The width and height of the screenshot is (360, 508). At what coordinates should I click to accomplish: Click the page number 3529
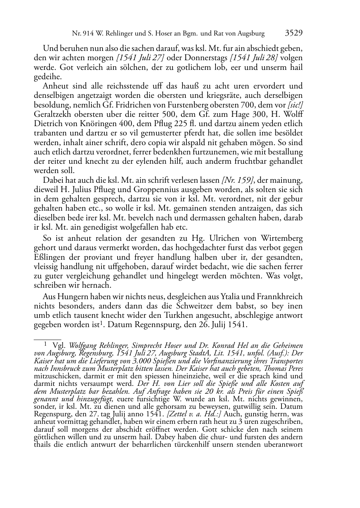pyautogui.click(x=294, y=33)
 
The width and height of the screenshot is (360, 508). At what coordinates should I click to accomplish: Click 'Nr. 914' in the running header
pyautogui.click(x=81, y=34)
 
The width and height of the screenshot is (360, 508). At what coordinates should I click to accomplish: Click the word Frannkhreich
pyautogui.click(x=280, y=297)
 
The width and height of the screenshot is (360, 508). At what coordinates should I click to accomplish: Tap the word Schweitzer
pyautogui.click(x=196, y=306)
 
